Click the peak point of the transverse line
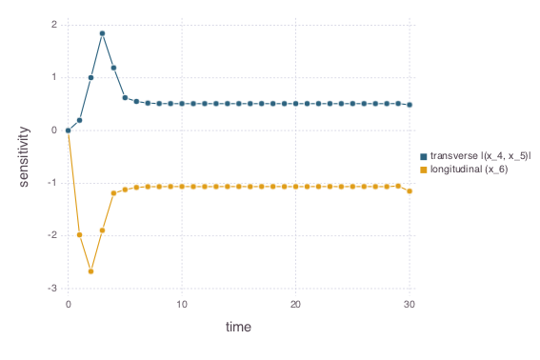coord(102,33)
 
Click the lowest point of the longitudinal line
coord(90,271)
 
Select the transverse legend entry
coord(476,155)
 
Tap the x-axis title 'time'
coord(238,327)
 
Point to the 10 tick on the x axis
coord(181,304)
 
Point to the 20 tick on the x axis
coord(295,304)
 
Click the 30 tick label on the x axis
coord(410,304)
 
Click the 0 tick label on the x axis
coord(68,304)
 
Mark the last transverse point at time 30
coord(410,105)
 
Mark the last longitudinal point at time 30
coord(410,190)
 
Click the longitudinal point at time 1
coord(79,234)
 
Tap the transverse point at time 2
coord(90,77)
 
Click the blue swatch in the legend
coord(424,155)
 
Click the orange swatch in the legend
coord(424,169)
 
